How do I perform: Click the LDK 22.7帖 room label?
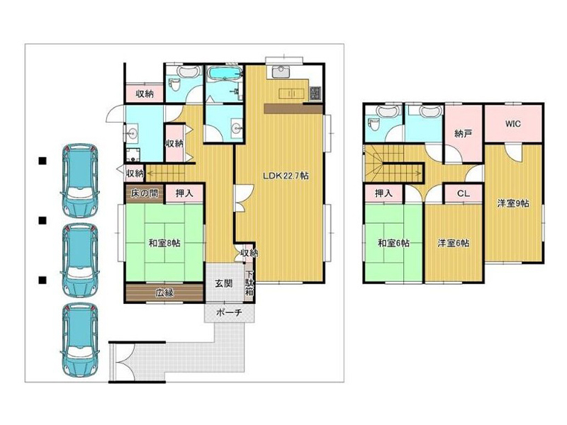(286, 176)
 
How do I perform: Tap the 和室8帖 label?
(164, 243)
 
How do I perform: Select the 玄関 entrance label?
(224, 284)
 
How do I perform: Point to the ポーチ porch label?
(229, 312)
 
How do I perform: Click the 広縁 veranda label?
(164, 293)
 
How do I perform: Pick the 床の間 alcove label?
(145, 193)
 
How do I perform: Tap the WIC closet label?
(512, 124)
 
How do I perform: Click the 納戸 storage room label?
(464, 134)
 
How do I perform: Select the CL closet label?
(464, 193)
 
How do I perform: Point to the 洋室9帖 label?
(512, 203)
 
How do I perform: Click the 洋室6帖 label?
(454, 243)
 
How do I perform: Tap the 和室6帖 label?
(393, 243)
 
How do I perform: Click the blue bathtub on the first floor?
(225, 74)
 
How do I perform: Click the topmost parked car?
(80, 181)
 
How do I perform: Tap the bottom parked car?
(80, 340)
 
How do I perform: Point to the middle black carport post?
(43, 220)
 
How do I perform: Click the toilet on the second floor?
(373, 125)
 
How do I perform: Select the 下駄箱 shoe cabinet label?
(249, 283)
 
